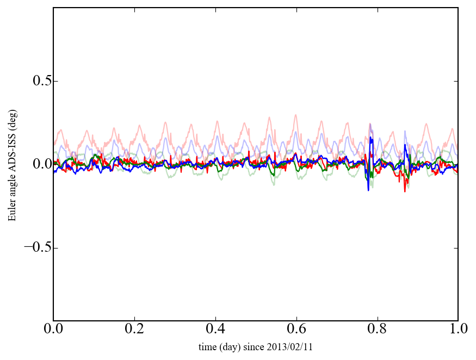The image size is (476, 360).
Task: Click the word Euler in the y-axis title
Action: coord(11,210)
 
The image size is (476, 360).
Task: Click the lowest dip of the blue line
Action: coord(368,190)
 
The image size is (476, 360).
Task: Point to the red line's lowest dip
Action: coord(405,191)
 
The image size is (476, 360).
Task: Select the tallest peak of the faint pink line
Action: coord(295,115)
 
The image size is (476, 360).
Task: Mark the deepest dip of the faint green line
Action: coord(274,185)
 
